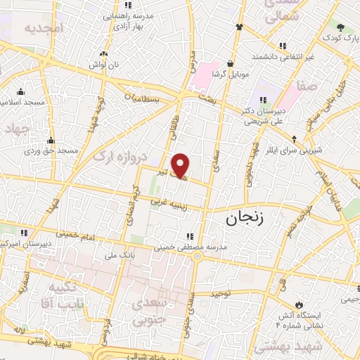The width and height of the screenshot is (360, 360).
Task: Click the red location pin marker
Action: coord(181,165)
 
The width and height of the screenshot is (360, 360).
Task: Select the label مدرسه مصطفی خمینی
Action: coord(155,247)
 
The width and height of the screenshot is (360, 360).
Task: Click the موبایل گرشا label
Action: coord(230,75)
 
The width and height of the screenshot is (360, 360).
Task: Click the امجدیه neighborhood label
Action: coord(44,28)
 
